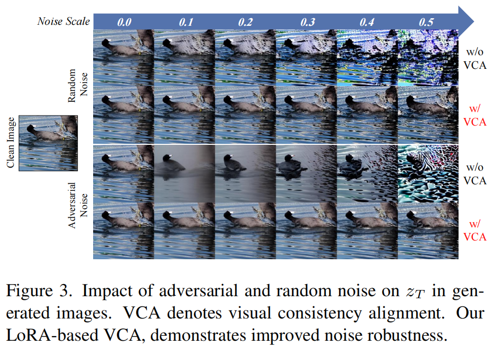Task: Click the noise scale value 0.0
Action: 124,22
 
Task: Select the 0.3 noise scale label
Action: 307,22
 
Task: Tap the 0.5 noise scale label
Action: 430,22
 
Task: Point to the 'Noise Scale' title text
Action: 64,21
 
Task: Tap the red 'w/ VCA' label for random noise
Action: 475,115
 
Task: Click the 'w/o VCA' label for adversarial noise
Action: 475,174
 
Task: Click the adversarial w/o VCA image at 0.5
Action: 428,174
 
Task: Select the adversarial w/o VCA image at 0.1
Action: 184,174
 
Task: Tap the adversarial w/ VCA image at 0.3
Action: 307,230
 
